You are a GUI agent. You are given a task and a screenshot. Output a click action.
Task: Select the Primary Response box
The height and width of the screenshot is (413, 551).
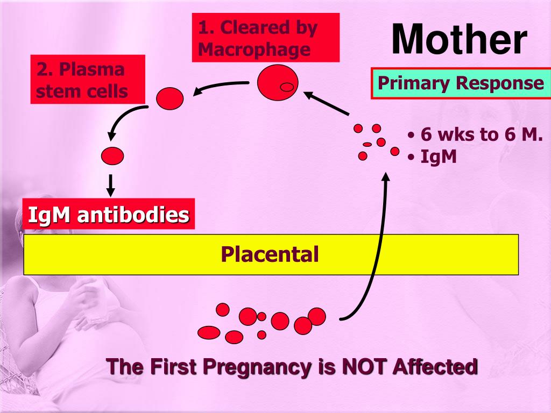(460, 83)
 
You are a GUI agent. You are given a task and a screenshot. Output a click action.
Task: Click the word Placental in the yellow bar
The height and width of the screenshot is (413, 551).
(270, 254)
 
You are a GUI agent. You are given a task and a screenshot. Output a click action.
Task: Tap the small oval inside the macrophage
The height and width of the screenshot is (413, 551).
(287, 87)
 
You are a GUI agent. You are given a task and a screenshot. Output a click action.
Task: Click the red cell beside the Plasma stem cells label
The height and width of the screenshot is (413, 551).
(170, 98)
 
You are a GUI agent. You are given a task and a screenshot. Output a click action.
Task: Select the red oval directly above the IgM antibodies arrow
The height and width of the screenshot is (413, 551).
(112, 155)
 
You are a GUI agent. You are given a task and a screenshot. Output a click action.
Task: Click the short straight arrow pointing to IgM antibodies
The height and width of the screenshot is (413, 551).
(111, 184)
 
